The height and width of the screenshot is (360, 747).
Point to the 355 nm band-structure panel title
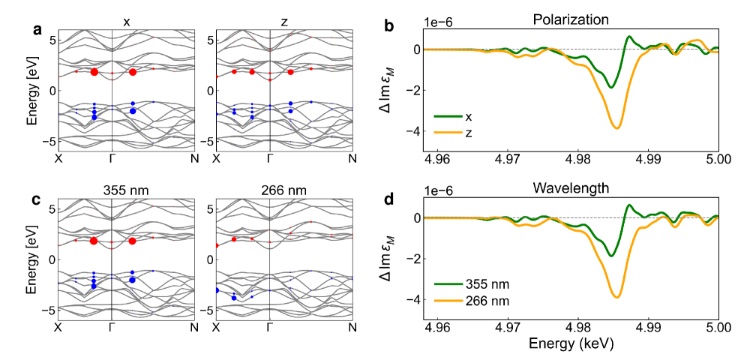tap(126, 191)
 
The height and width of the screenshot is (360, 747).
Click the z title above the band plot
tap(284, 22)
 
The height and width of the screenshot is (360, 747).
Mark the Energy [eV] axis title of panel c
tap(31, 259)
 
